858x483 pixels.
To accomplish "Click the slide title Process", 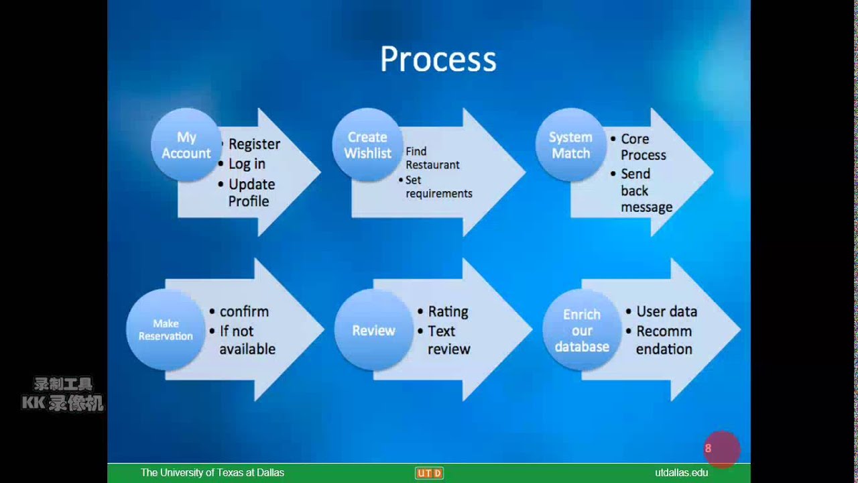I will (438, 59).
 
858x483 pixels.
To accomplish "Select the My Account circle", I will (186, 146).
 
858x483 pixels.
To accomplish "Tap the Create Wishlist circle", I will (367, 146).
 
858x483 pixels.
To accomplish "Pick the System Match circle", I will (570, 146).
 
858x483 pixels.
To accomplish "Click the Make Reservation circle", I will (166, 330).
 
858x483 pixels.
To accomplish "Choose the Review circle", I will (373, 330).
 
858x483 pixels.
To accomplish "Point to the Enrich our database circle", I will (582, 330).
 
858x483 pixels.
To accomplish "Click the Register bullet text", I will (254, 144).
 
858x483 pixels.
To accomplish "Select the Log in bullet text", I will (247, 164).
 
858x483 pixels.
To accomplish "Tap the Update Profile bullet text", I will (251, 193).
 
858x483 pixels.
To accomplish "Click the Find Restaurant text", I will (432, 158).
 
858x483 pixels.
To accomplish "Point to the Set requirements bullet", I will (438, 187).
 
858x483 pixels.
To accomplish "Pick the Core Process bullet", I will (643, 147).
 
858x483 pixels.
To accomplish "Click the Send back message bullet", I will (646, 191).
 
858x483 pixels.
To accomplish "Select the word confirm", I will (244, 311).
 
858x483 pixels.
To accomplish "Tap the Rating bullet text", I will (448, 311).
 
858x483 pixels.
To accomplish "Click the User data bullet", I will (666, 311).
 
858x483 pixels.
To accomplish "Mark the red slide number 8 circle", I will (721, 449).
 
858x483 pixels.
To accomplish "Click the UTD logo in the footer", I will (429, 473).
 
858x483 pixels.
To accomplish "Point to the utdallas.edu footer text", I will (681, 473).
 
